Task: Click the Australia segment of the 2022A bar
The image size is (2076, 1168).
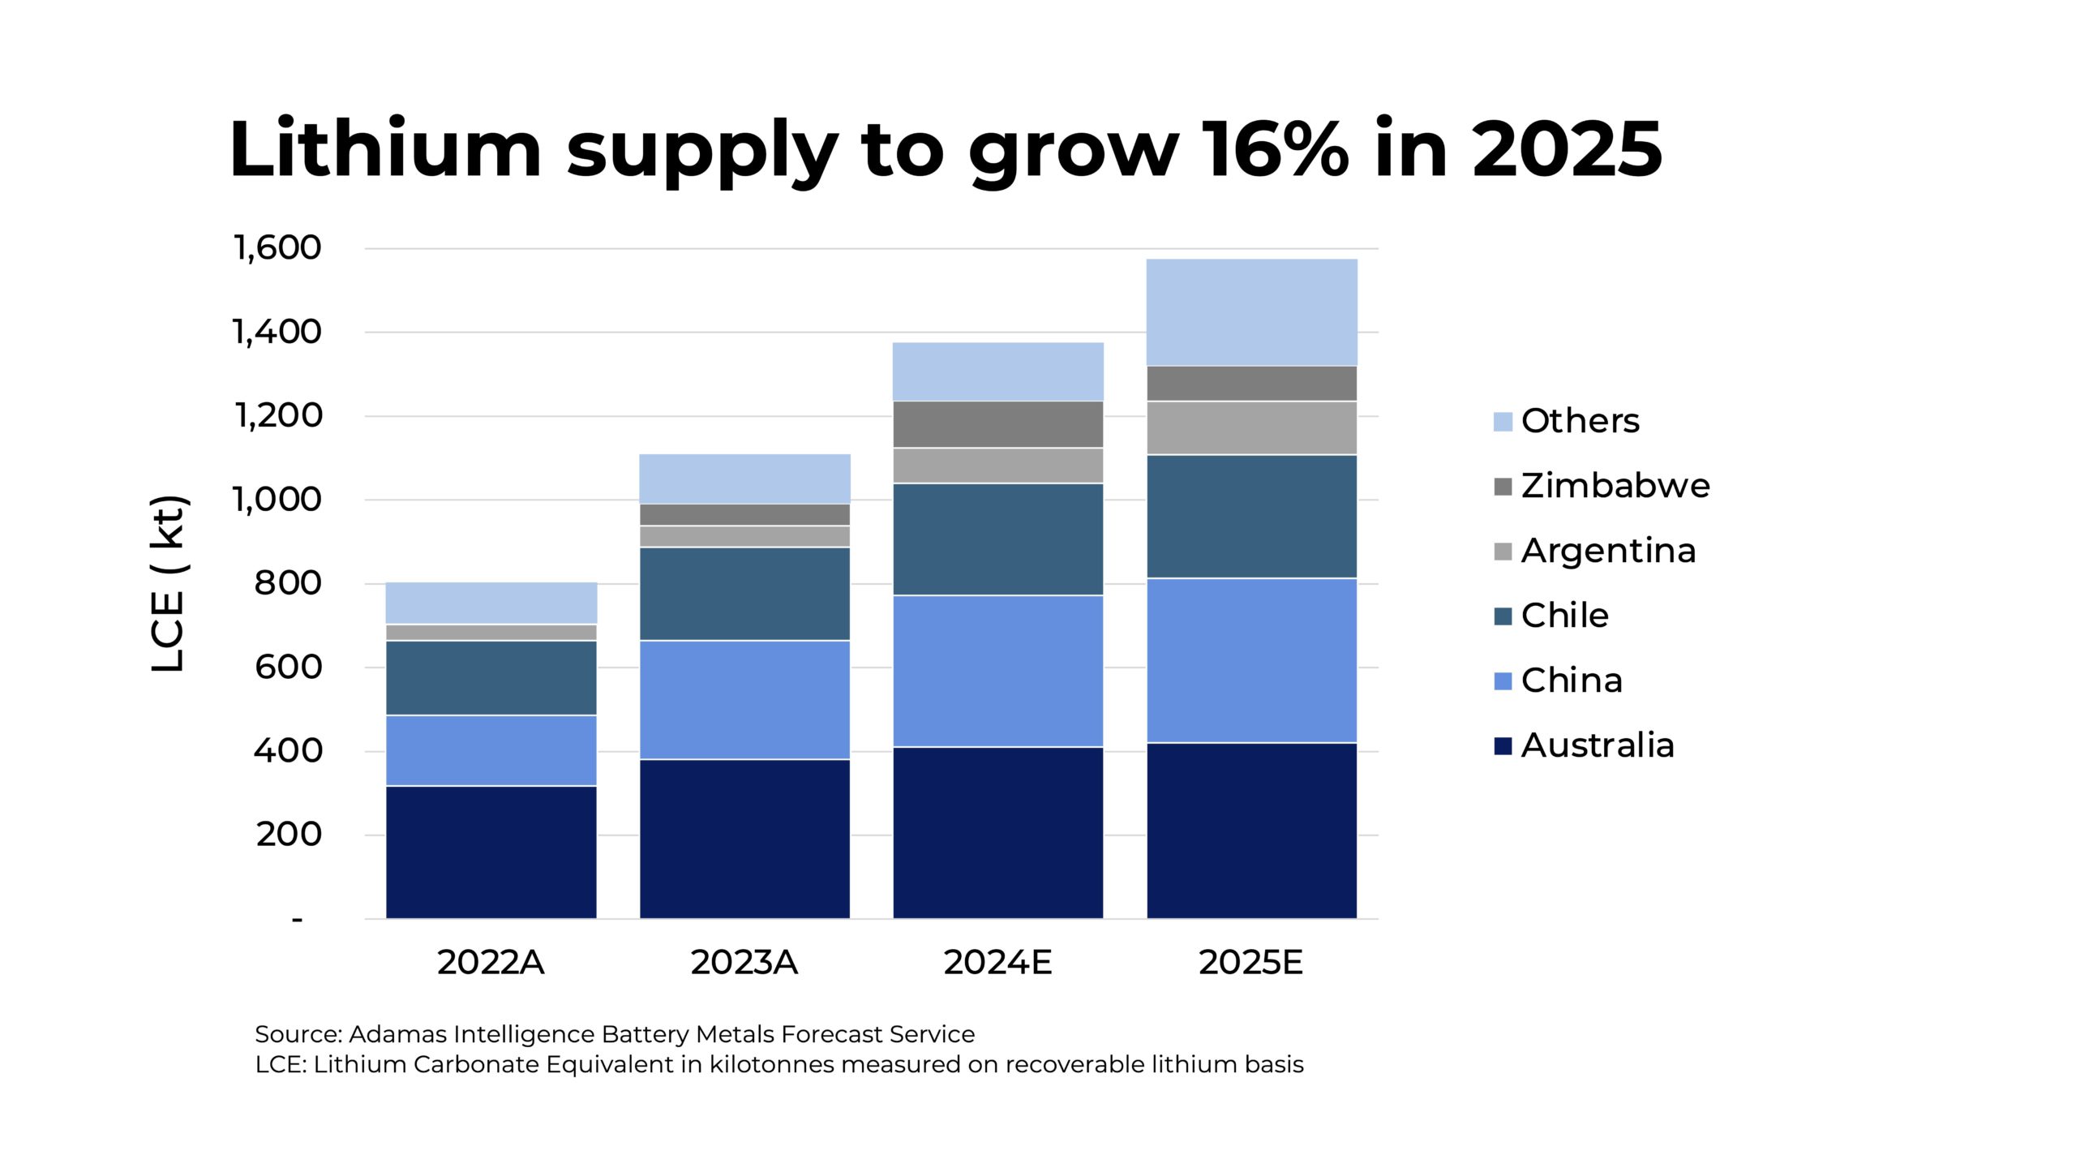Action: (491, 852)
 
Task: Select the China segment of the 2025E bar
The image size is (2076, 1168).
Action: (1251, 660)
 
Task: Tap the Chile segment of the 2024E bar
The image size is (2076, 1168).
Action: (997, 539)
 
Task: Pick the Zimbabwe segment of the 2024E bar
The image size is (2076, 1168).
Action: (997, 424)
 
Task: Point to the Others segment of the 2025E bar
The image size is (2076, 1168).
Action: (1251, 312)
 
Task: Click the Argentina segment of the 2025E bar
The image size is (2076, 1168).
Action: (1251, 427)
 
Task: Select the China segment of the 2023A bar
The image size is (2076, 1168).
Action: (744, 700)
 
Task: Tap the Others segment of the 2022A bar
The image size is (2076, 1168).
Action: (491, 603)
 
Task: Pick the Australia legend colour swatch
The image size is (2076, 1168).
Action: (1503, 746)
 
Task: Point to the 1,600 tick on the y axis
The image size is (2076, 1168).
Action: (277, 248)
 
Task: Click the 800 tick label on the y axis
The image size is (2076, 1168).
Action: (288, 583)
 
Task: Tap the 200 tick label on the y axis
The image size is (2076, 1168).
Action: (289, 835)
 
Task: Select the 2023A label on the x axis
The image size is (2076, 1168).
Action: (744, 963)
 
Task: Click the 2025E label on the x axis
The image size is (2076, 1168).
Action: (1251, 963)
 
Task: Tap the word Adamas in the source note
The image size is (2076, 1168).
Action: (397, 1035)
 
